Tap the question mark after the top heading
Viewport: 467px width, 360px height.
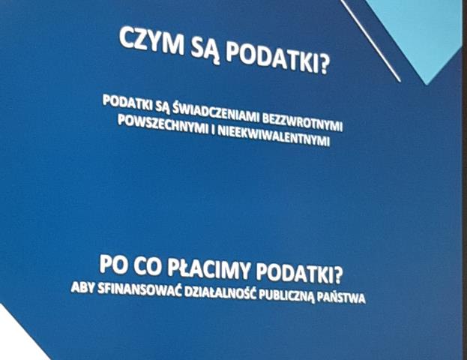click(323, 68)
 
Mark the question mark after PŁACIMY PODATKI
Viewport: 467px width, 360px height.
click(347, 271)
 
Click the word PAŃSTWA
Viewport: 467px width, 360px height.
click(343, 298)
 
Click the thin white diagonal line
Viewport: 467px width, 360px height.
click(372, 41)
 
